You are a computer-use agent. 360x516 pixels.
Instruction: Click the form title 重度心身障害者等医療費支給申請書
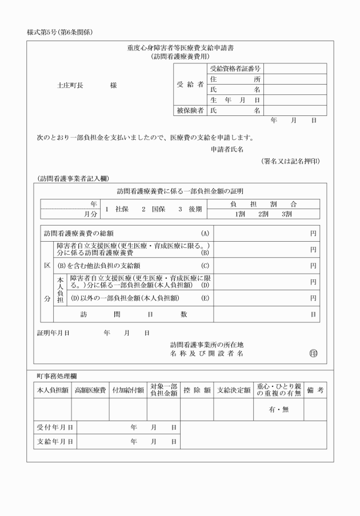point(179,48)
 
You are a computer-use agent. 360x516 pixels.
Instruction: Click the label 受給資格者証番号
point(235,69)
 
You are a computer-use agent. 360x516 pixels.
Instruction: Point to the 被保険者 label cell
point(190,110)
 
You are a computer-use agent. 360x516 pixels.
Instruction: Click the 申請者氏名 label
point(227,149)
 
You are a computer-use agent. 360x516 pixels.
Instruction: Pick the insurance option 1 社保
point(117,209)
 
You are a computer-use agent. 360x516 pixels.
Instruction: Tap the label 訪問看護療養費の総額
point(79,233)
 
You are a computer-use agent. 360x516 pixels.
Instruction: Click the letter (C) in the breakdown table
point(205,266)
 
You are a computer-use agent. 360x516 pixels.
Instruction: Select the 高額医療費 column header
point(90,390)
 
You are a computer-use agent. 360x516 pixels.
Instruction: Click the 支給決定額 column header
point(234,390)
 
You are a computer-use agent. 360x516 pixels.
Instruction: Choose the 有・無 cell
point(279,410)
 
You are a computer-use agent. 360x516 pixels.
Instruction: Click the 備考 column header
point(315,390)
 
